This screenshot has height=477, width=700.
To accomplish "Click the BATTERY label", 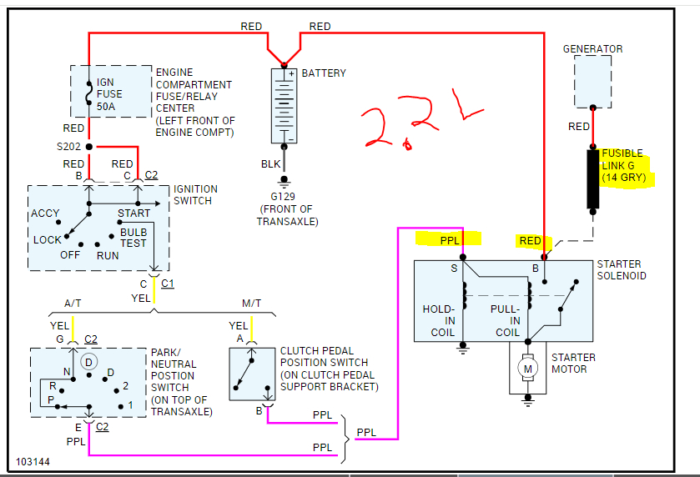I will tap(324, 73).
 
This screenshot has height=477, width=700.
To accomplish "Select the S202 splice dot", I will tap(88, 146).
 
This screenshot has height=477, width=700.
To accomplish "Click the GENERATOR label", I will tap(592, 49).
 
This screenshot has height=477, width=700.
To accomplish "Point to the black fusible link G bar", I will tap(593, 178).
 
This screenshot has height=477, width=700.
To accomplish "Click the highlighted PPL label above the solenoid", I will tap(449, 240).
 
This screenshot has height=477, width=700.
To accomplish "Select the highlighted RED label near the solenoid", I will tap(530, 241).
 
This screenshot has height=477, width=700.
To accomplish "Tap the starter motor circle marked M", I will tap(526, 367).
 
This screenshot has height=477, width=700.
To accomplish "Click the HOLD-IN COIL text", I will tap(439, 320).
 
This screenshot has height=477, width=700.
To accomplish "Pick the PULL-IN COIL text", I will tap(505, 320).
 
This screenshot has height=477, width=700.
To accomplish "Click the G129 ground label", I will tap(285, 196).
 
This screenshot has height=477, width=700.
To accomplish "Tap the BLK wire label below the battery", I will tap(271, 164).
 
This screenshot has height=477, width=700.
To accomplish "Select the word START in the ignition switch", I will tap(133, 213).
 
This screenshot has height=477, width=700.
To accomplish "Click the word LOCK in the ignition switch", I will tap(48, 240).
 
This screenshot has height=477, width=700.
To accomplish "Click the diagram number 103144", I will tap(32, 461).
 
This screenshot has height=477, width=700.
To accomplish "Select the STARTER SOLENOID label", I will tap(622, 269).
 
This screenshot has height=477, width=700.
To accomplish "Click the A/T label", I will tap(73, 304).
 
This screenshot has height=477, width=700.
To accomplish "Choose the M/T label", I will tap(251, 304).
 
